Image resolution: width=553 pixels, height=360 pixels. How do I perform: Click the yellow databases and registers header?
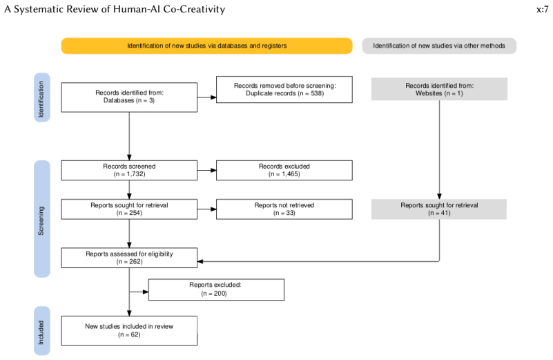coord(206,46)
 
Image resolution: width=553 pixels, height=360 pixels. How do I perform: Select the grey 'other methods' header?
coord(439,46)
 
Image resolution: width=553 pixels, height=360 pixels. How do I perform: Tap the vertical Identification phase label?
coord(41,97)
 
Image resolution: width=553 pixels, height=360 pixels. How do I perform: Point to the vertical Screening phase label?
coord(41,219)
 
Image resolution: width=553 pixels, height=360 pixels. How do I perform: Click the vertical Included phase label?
coord(41,331)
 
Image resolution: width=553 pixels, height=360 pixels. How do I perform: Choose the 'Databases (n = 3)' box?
coord(129,97)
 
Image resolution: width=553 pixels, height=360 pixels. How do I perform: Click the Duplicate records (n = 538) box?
coord(284,90)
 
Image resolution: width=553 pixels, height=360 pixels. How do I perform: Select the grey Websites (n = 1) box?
coord(439,89)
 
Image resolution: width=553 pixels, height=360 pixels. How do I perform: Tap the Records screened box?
coord(129,171)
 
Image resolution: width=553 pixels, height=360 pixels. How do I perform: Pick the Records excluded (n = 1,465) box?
coord(284,171)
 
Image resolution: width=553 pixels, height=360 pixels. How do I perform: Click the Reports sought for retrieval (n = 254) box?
coord(129,209)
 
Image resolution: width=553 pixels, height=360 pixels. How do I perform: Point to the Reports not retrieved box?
coord(284,209)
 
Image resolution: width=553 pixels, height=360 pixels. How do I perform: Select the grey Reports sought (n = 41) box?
coord(438,209)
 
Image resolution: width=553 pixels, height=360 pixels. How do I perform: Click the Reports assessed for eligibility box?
coord(129,258)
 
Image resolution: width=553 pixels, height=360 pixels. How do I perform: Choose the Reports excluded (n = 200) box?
coord(216,290)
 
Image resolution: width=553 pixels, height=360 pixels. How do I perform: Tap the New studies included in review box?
coord(129,331)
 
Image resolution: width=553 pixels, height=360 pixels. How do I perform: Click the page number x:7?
coord(542,9)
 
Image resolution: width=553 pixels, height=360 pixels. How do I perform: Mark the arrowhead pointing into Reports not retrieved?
coord(213,209)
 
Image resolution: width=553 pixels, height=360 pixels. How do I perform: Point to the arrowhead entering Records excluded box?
coord(213,171)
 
